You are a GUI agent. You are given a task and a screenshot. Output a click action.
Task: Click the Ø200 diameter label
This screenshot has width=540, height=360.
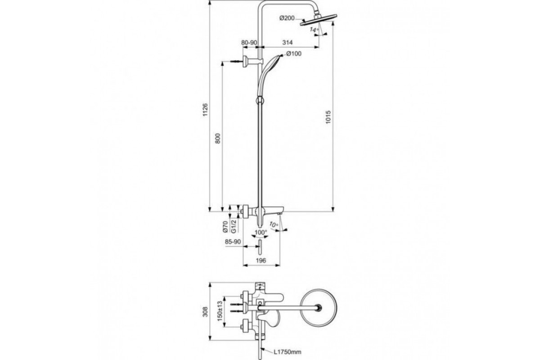coord(287,18)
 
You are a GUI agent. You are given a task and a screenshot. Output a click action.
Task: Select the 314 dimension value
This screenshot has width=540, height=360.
coord(288,42)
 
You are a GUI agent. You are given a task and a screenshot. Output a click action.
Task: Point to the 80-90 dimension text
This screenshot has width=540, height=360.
coord(249,42)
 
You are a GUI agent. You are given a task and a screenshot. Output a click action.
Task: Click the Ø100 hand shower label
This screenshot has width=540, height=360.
coord(294,54)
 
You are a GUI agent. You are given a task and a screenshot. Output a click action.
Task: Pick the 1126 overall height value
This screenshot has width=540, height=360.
coord(205,110)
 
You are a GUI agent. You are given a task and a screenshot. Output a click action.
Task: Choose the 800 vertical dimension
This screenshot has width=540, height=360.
coord(218,139)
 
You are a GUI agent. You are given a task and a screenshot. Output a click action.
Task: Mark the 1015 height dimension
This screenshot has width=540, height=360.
coord(328,117)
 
